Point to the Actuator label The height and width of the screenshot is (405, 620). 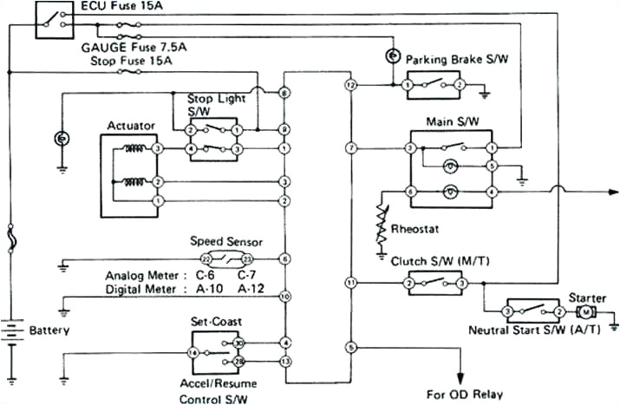(x=130, y=127)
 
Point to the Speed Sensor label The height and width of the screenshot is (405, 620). (x=226, y=242)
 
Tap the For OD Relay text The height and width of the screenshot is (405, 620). (x=464, y=393)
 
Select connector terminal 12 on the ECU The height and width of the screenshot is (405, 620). (x=350, y=85)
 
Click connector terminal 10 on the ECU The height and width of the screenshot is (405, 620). (x=284, y=297)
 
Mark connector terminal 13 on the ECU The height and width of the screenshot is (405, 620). (x=284, y=360)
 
